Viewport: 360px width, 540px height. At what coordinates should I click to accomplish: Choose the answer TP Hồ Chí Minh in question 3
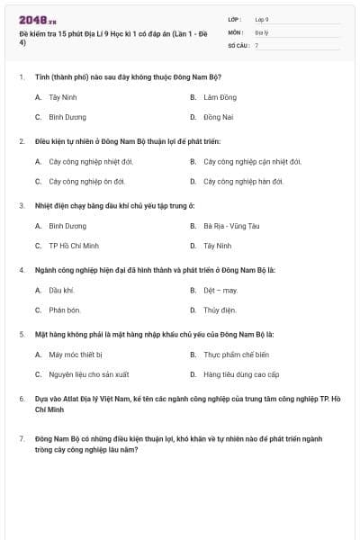74,246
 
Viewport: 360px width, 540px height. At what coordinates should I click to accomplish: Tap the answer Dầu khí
61,291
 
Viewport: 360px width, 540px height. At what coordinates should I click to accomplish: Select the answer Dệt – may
220,291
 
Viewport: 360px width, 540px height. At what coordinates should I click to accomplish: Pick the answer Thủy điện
220,310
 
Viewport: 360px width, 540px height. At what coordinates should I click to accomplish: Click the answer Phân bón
65,310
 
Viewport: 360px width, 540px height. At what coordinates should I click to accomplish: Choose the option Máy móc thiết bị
76,355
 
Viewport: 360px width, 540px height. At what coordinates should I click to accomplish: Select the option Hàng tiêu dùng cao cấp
241,374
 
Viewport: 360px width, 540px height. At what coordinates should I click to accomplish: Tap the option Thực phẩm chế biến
236,355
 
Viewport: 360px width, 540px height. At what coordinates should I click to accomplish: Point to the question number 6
21,397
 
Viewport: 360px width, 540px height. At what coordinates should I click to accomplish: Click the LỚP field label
235,19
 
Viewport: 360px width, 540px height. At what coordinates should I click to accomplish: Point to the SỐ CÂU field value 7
257,44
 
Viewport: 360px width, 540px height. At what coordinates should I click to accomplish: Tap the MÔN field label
236,31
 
